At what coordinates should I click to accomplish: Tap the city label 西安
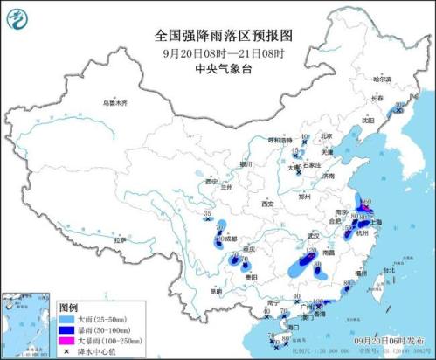(267, 204)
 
